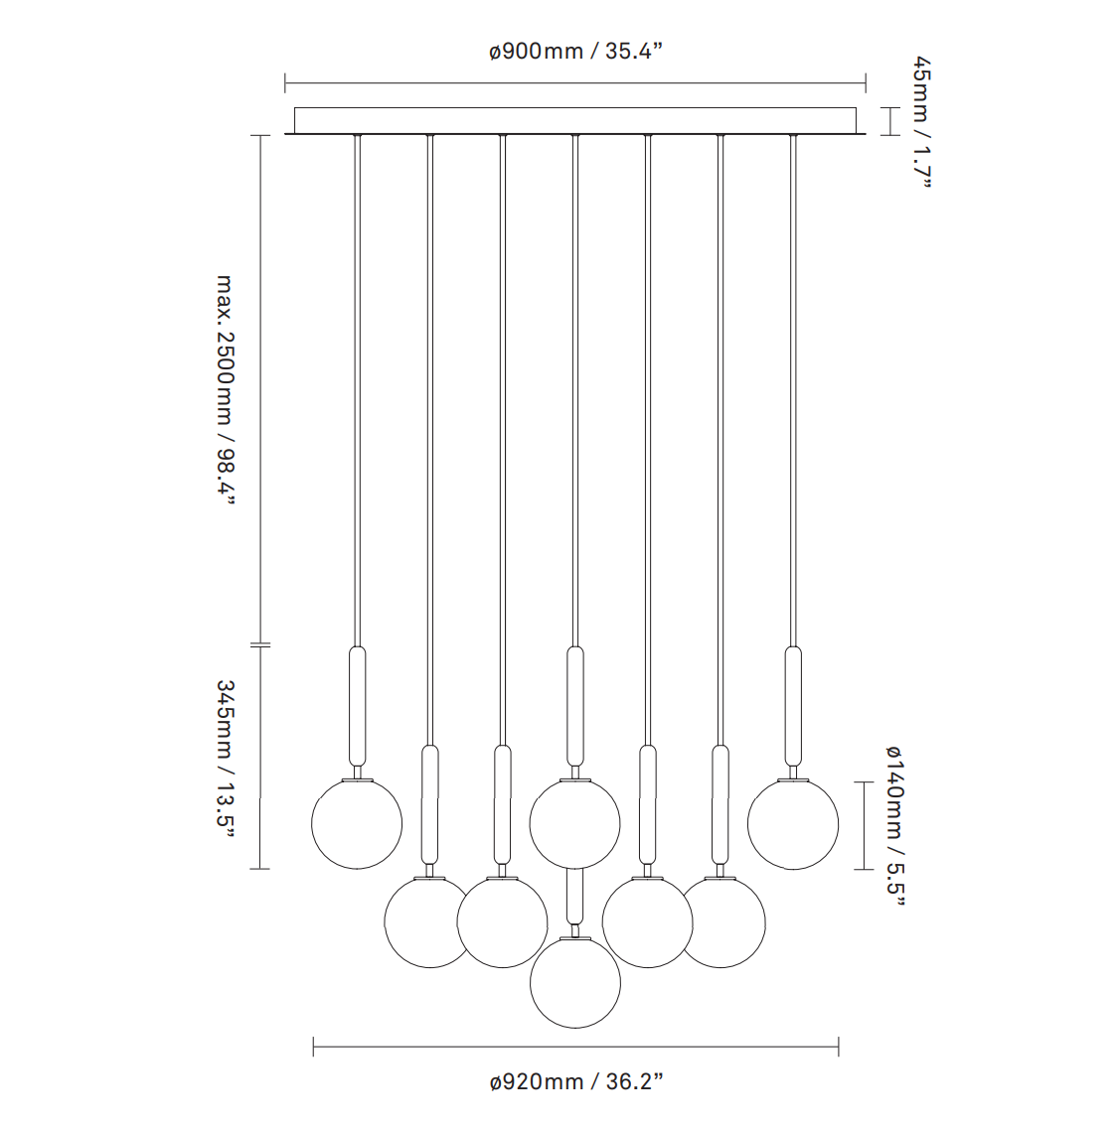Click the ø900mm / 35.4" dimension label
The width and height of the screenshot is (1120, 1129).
coord(575,51)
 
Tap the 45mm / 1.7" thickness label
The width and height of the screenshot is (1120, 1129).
coord(923,122)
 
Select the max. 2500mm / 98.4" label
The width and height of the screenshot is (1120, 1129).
coord(226,390)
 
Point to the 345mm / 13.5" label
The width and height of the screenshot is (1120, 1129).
coord(226,759)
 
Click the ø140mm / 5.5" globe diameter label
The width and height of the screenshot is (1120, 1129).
coord(894,826)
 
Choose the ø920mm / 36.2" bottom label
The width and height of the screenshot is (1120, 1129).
coord(575,1081)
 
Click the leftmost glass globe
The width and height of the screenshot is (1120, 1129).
coord(357,824)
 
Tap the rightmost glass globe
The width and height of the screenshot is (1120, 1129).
coord(793,824)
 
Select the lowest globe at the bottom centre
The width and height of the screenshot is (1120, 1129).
coord(575,983)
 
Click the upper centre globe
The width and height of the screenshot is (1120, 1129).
coord(575,824)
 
